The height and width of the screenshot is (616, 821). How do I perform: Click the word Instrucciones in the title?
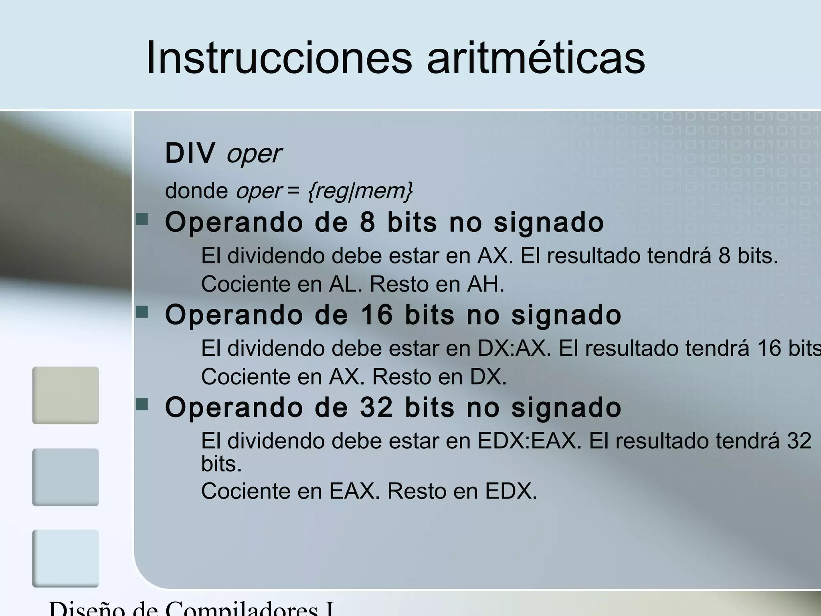coord(279,58)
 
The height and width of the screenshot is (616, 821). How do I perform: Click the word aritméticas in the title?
coord(536,58)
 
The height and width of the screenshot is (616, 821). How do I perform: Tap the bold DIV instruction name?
coord(190,153)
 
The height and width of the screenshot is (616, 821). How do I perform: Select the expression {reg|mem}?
coord(360,190)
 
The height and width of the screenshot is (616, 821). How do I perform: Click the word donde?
coord(196,190)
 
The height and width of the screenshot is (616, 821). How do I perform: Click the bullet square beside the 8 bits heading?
coord(142,219)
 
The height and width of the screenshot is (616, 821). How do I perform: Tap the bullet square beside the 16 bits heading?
coord(142,312)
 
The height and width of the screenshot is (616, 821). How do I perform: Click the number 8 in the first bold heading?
coord(367,223)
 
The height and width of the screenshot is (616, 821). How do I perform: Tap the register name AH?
coord(484,284)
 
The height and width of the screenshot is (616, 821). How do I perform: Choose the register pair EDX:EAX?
coord(529,441)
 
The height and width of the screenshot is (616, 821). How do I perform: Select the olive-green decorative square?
coord(65,395)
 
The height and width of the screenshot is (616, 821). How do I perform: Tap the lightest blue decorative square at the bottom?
coord(65,558)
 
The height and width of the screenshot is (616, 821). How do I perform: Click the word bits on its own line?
coord(221,464)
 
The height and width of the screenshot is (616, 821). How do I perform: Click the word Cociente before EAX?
coord(261,491)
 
